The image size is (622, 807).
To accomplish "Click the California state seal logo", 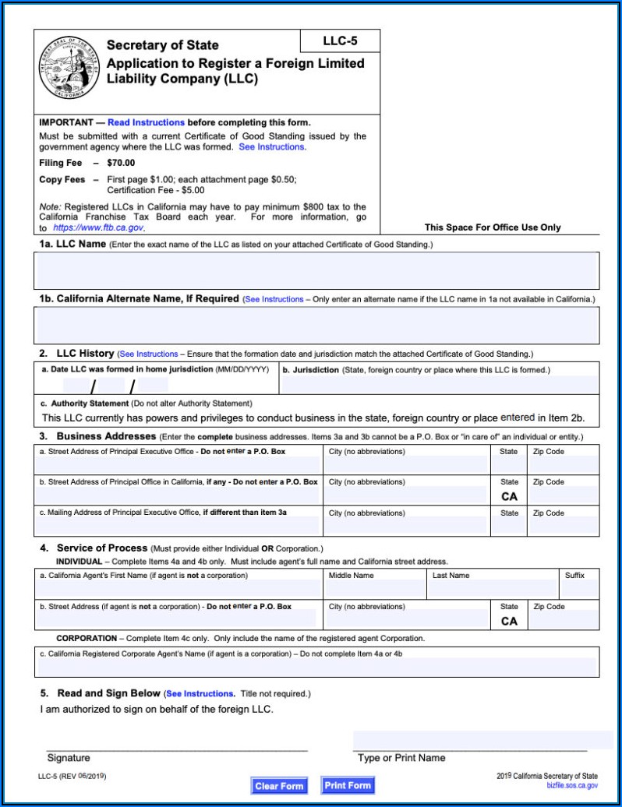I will [x=69, y=68].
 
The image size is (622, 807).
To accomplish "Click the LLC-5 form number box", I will [x=340, y=41].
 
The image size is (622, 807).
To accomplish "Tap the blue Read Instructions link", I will [x=146, y=122].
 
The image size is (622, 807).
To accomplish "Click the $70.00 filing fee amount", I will [x=121, y=163].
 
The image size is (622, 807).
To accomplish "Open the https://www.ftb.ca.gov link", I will [x=98, y=227].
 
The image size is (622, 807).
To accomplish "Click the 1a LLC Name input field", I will [x=316, y=271].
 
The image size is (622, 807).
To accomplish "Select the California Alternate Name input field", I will [x=316, y=325].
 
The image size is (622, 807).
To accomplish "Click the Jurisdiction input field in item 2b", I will [x=440, y=385].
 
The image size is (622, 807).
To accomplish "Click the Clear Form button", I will [x=279, y=786].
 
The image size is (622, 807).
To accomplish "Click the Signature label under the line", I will [x=69, y=758].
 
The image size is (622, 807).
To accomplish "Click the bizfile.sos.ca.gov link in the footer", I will [x=572, y=785].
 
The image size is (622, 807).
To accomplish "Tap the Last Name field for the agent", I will [x=492, y=589].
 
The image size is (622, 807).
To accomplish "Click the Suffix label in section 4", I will [x=574, y=576].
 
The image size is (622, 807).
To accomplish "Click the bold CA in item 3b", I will [x=509, y=496].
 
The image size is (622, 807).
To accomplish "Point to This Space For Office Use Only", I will [x=492, y=227].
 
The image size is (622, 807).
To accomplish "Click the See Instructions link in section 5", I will [x=200, y=693].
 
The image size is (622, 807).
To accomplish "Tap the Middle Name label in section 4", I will [x=351, y=576].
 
